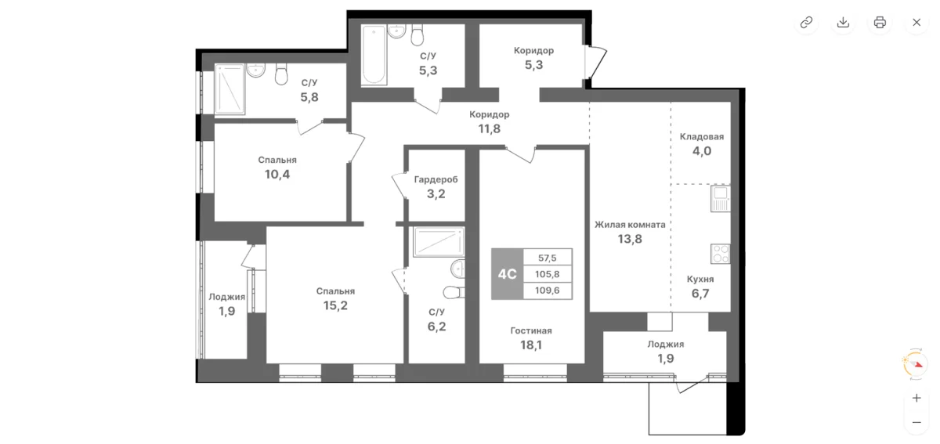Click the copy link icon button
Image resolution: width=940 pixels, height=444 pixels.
[806, 22]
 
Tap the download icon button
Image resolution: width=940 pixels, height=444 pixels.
[843, 22]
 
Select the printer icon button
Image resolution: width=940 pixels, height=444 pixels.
[880, 22]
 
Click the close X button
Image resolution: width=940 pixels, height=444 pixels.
[916, 22]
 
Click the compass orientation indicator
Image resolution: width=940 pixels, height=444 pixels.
[915, 364]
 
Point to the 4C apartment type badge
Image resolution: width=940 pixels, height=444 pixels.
[508, 274]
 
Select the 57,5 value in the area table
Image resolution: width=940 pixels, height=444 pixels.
[548, 258]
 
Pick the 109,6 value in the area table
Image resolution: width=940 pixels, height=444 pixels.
[548, 291]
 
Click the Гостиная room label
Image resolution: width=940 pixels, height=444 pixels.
[531, 330]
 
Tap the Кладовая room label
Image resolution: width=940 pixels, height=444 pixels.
[702, 137]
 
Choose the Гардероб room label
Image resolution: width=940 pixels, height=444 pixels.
[436, 179]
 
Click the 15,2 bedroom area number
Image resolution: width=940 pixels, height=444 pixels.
[335, 305]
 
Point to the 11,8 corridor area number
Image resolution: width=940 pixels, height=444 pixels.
[490, 129]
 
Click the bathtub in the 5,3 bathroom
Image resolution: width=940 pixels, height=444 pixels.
[374, 55]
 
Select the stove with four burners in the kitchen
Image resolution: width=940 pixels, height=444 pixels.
[721, 254]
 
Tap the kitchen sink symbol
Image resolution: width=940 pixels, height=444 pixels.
[721, 199]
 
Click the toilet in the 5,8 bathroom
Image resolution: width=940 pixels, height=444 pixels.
[281, 74]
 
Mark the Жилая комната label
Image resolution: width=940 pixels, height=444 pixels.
[630, 225]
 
